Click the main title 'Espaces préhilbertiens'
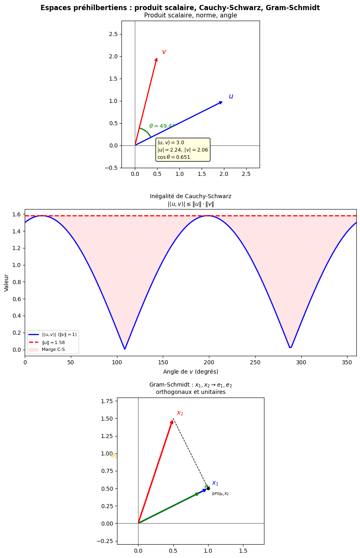180,8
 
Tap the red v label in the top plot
164,52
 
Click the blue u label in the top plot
231,96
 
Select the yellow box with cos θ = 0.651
183,150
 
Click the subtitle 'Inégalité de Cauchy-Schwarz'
190,196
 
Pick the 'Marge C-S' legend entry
53,349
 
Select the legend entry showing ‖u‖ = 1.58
53,342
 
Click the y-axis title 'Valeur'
6,282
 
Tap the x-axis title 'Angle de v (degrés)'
190,372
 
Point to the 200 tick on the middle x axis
209,362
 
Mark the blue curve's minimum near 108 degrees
125,349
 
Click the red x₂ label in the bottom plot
180,413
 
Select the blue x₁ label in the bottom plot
215,483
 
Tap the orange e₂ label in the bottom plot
114,455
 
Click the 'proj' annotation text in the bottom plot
220,494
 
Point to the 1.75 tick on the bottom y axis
106,401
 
